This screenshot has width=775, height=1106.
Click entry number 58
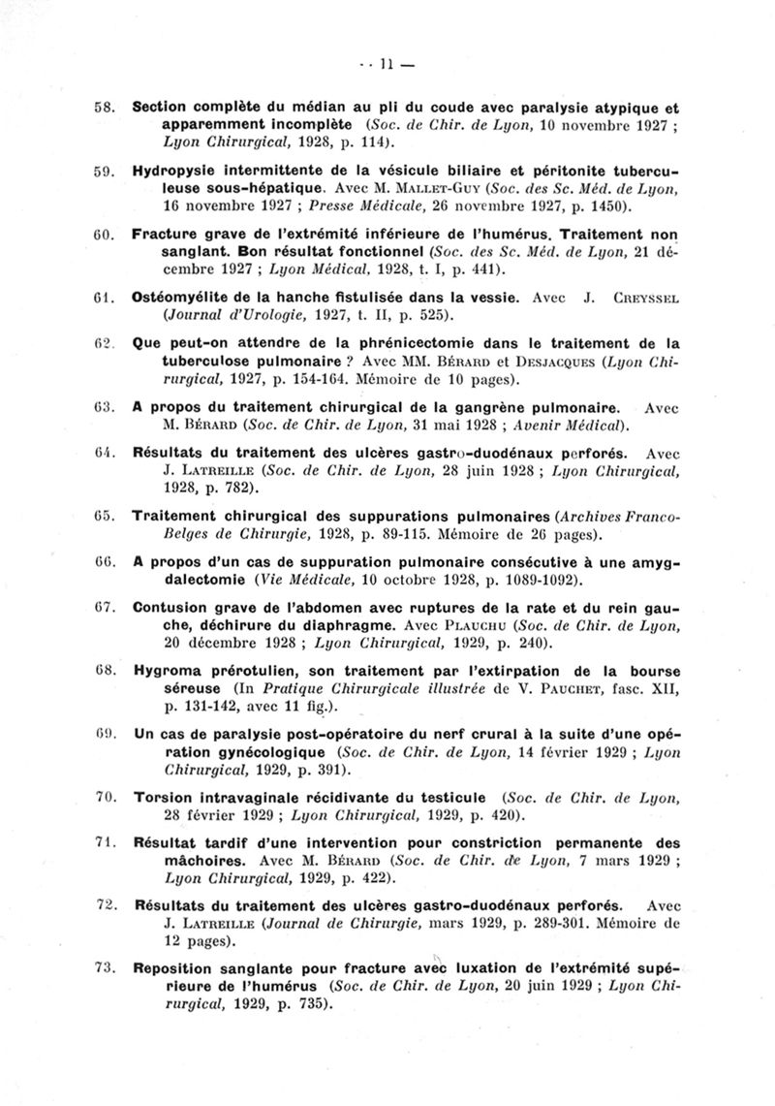[106, 109]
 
